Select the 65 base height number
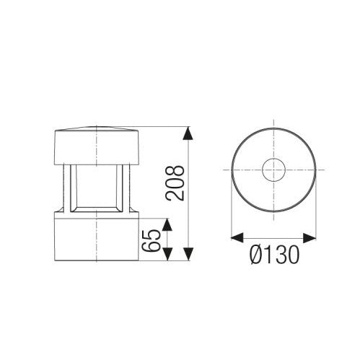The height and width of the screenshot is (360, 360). tap(152, 240)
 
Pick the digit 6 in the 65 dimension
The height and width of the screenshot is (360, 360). tap(152, 247)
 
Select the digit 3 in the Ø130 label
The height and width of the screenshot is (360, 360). tap(276, 253)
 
